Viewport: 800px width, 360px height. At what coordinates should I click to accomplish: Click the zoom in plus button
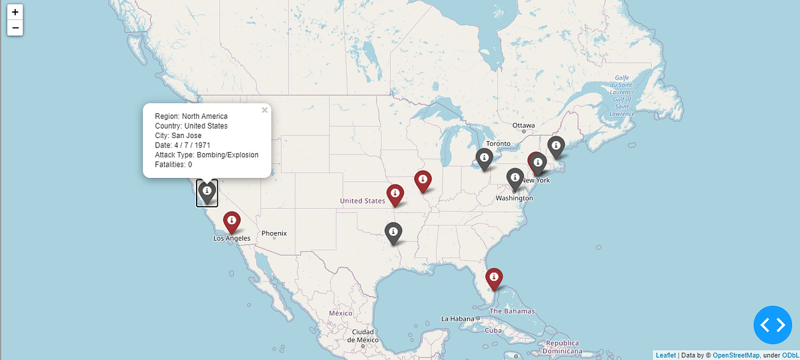[x=15, y=12]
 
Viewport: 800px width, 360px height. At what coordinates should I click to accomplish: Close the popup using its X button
[x=265, y=111]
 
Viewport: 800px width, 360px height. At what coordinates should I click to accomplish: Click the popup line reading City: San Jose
[x=178, y=135]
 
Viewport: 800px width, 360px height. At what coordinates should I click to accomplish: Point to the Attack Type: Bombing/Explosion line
[x=207, y=155]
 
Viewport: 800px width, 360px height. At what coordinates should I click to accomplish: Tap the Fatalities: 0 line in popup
[x=173, y=164]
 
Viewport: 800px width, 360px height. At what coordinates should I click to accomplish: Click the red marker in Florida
[x=493, y=277]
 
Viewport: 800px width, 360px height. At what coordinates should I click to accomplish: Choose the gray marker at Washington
[x=514, y=177]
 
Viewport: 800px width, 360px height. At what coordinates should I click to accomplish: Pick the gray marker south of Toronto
[x=485, y=158]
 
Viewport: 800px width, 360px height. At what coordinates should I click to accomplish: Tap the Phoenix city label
[x=274, y=233]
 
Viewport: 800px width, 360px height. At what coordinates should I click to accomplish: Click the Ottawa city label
[x=523, y=125]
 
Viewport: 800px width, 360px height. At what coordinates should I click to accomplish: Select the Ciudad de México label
[x=363, y=335]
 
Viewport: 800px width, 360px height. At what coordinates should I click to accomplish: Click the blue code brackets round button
[x=773, y=325]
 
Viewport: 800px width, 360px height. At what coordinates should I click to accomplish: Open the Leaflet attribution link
[x=665, y=355]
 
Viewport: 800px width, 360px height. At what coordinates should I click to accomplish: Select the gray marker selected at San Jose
[x=207, y=191]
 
